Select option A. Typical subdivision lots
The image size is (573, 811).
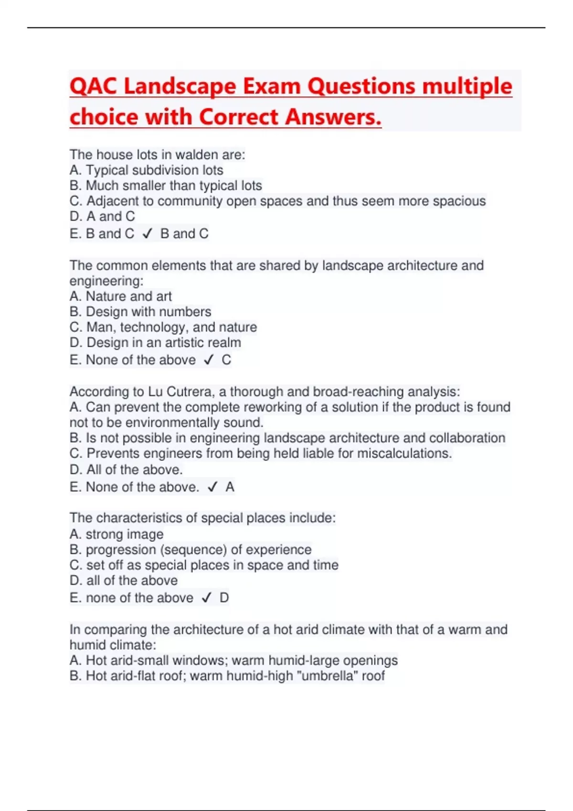[x=146, y=170]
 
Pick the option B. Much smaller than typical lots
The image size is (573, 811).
[x=166, y=186]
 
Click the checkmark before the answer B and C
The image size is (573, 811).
[x=148, y=234]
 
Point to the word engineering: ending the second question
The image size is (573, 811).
[x=106, y=281]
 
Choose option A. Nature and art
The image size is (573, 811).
[x=120, y=296]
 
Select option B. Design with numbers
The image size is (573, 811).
[x=140, y=312]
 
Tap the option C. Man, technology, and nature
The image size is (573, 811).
[x=163, y=327]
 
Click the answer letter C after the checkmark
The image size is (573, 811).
[x=226, y=360]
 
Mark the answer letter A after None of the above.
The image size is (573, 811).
[x=230, y=487]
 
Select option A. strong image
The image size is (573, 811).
[x=116, y=534]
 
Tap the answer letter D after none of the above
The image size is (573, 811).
[x=224, y=598]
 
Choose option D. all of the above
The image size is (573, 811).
[x=123, y=581]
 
